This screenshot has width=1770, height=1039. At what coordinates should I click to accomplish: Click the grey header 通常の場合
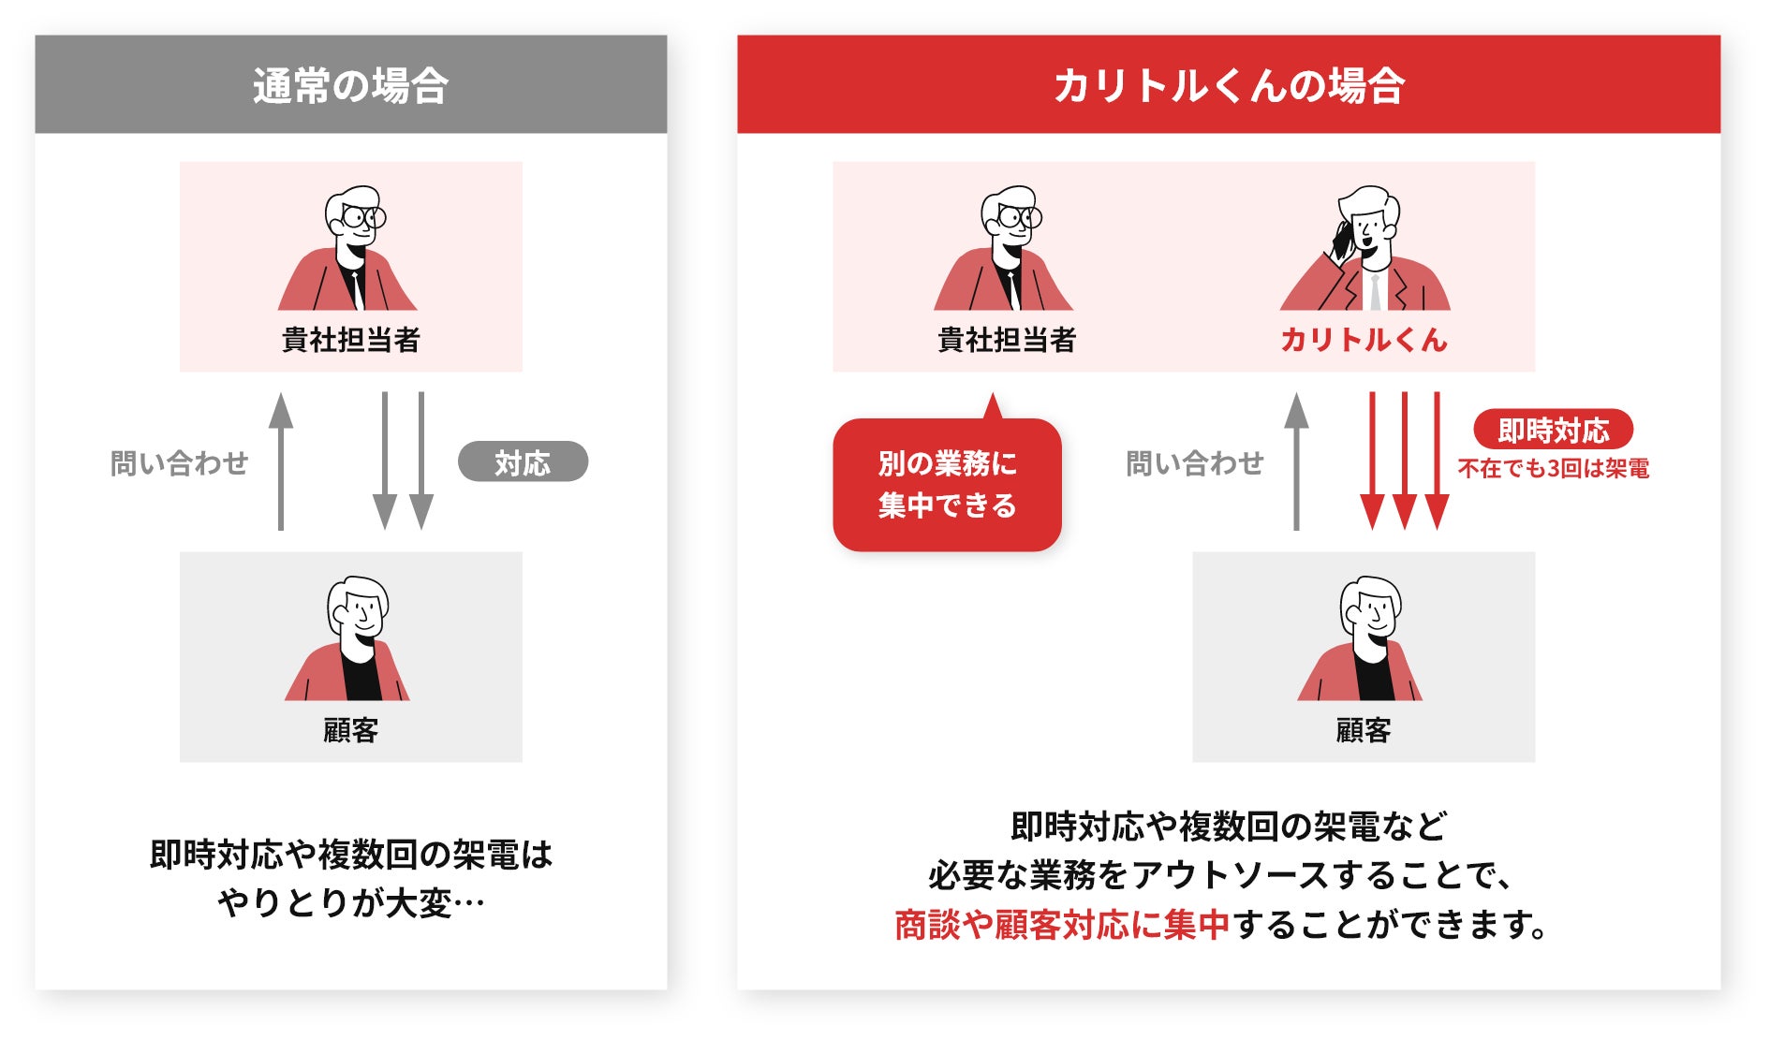[x=350, y=85]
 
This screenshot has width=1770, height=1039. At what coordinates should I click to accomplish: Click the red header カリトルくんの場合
[x=1228, y=85]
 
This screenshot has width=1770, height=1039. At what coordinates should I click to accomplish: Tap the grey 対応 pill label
[x=523, y=462]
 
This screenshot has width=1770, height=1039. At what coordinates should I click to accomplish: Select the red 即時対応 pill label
[x=1553, y=430]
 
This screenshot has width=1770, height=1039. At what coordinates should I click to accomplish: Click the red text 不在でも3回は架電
[x=1553, y=468]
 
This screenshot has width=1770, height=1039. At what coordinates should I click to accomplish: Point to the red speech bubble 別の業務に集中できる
[x=947, y=485]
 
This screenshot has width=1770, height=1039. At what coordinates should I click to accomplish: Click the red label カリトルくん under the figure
[x=1364, y=339]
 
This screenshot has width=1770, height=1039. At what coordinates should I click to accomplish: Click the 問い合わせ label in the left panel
[x=180, y=462]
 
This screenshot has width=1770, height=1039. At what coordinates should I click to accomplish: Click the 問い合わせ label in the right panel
[x=1195, y=462]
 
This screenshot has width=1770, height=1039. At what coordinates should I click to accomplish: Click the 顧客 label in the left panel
[x=350, y=730]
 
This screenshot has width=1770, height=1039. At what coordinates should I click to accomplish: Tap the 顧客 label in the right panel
[x=1364, y=730]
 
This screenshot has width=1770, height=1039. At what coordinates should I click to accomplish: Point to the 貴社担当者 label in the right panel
[x=1007, y=339]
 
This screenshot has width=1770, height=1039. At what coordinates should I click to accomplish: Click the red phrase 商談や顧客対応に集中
[x=1062, y=925]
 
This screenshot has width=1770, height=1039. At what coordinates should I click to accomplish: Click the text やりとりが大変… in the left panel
[x=350, y=903]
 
